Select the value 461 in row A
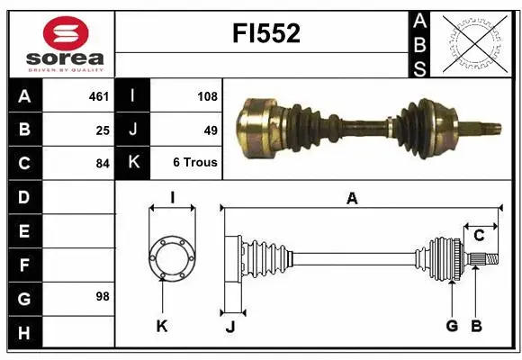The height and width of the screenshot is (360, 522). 98,95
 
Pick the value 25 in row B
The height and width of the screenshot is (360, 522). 102,130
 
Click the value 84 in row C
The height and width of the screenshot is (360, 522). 102,164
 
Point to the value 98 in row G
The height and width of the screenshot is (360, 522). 102,295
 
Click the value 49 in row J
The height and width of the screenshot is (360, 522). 211,130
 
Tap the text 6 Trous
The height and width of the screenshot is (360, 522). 195,164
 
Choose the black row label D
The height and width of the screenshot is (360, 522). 23,197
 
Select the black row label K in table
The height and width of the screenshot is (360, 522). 133,164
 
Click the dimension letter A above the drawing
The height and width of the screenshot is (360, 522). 352,199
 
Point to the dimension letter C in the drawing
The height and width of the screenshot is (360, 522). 479,236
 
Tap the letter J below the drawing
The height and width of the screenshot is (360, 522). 229,327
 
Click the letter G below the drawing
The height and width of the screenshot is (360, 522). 452,326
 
